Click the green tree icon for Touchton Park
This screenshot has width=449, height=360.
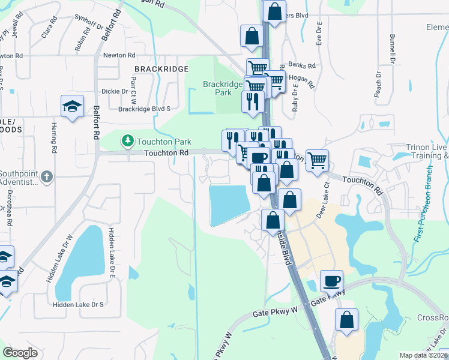[127, 141]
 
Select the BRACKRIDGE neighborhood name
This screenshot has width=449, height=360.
[161, 70]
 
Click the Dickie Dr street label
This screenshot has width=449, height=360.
[115, 92]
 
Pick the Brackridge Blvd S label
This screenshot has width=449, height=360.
[145, 109]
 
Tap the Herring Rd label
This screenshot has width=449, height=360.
[54, 140]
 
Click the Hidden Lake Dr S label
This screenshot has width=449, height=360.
[78, 305]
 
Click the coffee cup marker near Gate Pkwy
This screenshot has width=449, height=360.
[331, 280]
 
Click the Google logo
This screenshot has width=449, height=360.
[20, 353]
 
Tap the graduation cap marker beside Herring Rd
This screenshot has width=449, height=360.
[72, 106]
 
